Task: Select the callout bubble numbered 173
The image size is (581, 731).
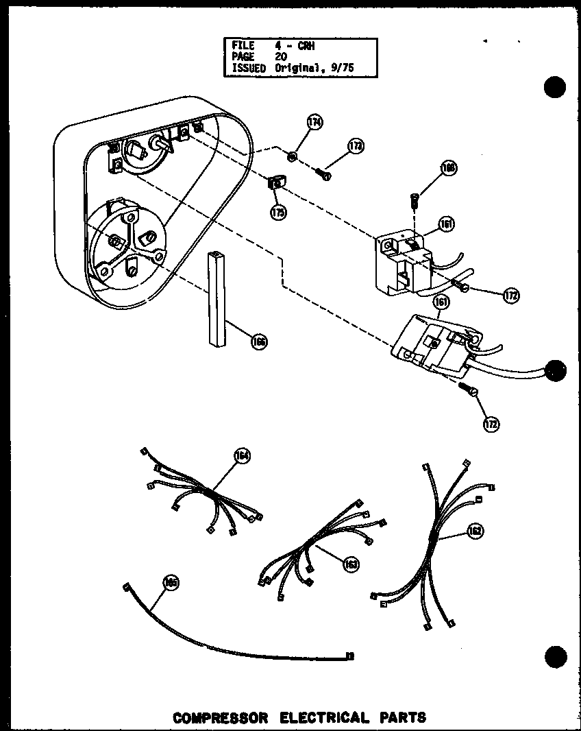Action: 355,146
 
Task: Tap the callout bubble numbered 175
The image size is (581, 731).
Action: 278,212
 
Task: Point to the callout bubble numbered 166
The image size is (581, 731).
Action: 259,341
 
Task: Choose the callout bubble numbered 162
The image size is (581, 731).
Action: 474,531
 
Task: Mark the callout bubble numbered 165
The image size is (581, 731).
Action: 170,582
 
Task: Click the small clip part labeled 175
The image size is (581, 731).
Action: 276,183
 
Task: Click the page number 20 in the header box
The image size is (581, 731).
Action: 281,57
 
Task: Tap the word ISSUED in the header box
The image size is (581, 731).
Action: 248,68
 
